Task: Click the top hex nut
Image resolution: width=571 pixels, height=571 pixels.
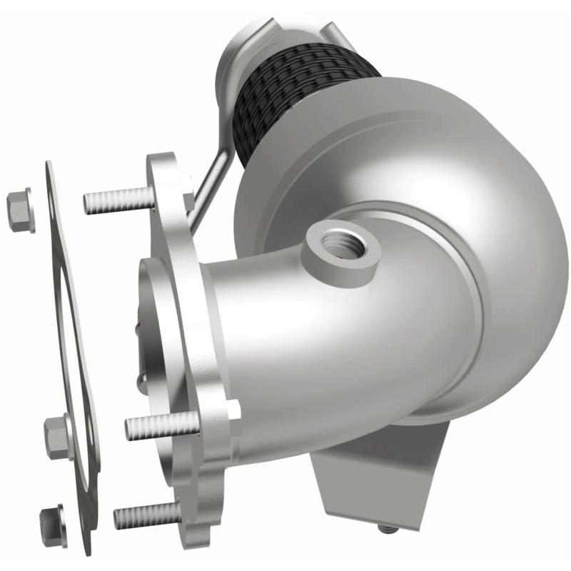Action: (x=20, y=208)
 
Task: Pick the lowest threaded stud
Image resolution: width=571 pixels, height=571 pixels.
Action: (x=146, y=514)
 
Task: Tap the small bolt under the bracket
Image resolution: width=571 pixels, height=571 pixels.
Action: (x=385, y=529)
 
